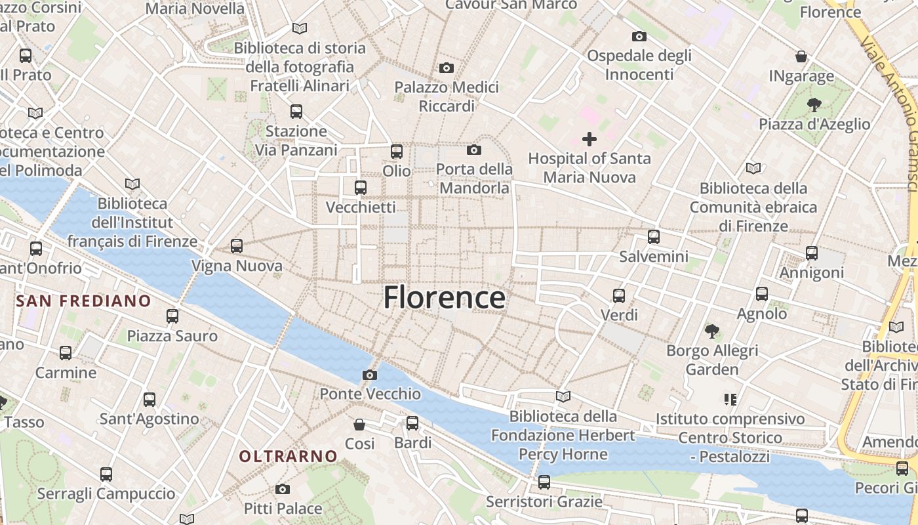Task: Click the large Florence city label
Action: [444, 297]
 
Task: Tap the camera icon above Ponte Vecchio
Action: [370, 375]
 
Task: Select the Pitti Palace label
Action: [283, 509]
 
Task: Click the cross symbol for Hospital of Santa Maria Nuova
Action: [589, 139]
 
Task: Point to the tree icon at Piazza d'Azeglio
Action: [814, 104]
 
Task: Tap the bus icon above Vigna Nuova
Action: [237, 246]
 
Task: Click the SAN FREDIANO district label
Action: [83, 301]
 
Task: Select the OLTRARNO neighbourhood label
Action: [288, 456]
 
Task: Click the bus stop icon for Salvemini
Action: [653, 237]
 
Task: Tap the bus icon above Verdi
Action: [619, 295]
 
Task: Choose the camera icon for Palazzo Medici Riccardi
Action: [447, 68]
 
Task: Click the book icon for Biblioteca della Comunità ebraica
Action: [753, 169]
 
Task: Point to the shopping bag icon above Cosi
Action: [359, 425]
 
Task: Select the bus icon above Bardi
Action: [412, 423]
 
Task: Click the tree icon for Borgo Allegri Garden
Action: [711, 331]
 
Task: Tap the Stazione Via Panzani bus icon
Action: [296, 112]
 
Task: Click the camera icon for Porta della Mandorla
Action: [474, 150]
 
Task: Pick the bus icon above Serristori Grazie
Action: [544, 483]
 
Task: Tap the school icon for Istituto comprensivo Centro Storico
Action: [730, 399]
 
